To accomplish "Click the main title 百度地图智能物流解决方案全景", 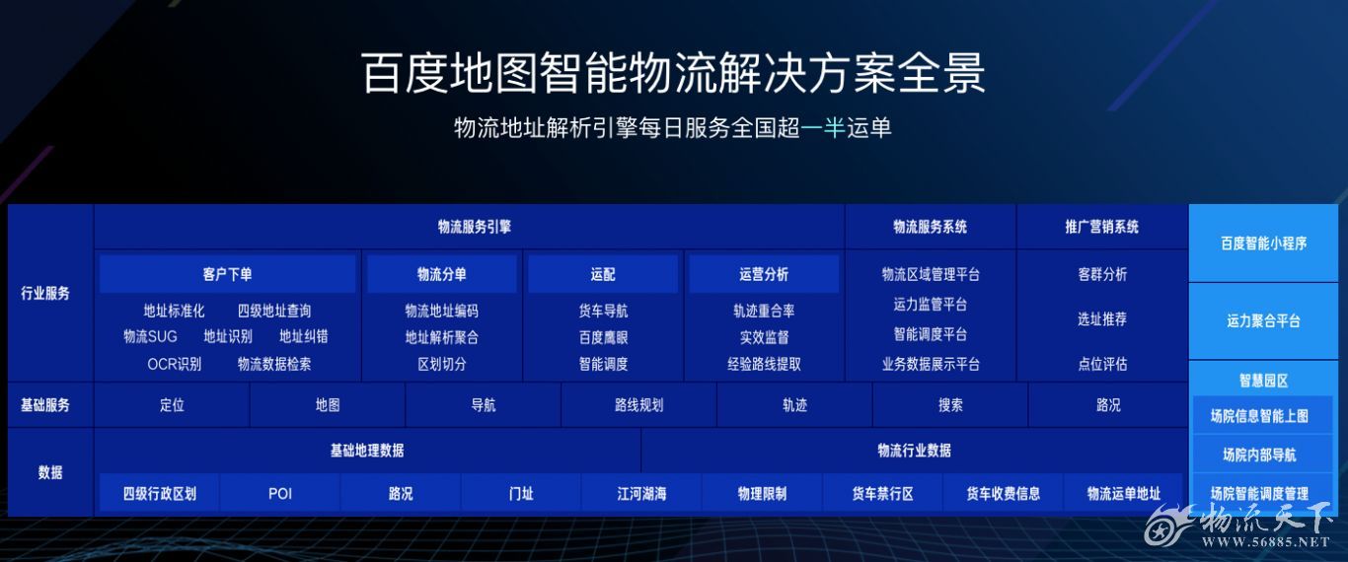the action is coord(673,73).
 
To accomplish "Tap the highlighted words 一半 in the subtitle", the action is coord(823,127).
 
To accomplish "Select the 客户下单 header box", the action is coord(227,274).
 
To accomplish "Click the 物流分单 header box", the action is coord(442,274).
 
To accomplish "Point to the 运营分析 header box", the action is coord(764,274).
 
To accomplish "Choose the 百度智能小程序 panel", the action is coord(1263,243).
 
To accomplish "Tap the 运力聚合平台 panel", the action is coord(1263,321).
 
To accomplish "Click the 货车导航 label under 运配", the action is coord(603,311).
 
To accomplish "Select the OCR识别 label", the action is coord(174,364).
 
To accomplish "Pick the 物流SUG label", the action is coord(150,336).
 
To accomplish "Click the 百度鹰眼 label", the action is coord(603,337).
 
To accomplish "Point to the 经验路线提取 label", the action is coord(764,364).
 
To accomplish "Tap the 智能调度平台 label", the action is coord(931,333).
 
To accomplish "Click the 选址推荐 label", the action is coord(1102,318).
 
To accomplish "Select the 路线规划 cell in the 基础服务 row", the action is coord(638,405).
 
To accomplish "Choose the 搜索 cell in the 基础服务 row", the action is coord(950,405).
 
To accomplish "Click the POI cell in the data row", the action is coord(280,494).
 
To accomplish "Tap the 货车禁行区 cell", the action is coord(882,494).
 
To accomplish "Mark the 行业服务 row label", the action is coord(45,293).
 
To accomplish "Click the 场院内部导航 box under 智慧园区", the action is coord(1259,455).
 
